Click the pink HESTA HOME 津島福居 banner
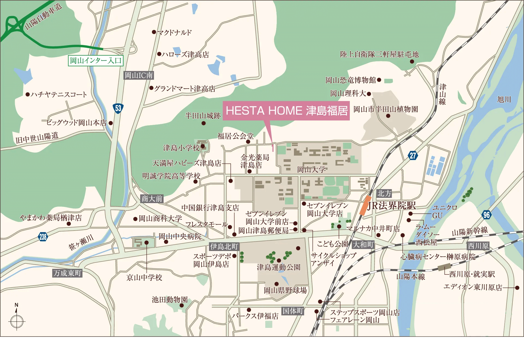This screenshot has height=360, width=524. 286,111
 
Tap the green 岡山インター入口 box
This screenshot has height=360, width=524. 96,60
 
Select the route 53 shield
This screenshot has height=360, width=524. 118,108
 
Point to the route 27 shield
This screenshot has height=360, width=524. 413,156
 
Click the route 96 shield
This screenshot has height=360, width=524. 486,215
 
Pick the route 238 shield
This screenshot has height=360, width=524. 43,237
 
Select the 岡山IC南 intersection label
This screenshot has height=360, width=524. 139,75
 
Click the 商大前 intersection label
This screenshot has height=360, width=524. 152,199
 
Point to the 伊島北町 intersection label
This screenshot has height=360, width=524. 224,247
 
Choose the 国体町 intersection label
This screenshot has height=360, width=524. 293,311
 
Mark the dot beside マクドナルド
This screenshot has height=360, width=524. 154,32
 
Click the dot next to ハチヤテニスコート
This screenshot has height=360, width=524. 28,95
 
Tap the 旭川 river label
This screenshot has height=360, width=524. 504,99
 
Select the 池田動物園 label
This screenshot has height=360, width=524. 170,300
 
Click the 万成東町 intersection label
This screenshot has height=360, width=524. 67,273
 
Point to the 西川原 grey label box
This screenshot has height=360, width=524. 478,246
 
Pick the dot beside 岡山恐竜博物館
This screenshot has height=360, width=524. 379,80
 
